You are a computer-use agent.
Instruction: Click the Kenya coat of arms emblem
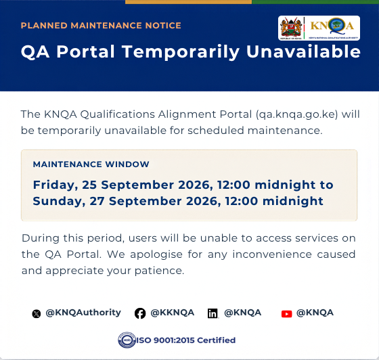point(291,28)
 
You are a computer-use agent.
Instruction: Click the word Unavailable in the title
point(303,51)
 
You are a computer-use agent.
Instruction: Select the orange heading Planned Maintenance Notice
point(101,25)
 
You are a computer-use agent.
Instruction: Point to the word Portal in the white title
point(85,51)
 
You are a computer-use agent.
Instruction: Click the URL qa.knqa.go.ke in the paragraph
point(297,114)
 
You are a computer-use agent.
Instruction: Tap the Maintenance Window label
point(91,164)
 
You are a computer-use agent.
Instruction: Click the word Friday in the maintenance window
point(55,185)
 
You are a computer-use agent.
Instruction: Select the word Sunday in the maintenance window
point(59,202)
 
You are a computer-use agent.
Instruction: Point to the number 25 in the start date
point(89,185)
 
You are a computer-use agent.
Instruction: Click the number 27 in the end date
point(97,201)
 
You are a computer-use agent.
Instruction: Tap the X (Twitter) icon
point(37,314)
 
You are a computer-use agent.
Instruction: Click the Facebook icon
point(140,313)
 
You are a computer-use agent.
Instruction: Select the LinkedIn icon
point(213,313)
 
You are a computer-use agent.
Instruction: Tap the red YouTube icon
point(287,314)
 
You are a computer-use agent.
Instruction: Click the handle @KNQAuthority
point(83,313)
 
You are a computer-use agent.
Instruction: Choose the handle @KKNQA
point(173,313)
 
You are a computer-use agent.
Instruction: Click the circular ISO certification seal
point(127,340)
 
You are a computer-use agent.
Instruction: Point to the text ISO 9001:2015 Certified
point(186,340)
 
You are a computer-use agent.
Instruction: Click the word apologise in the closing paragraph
point(156,254)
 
